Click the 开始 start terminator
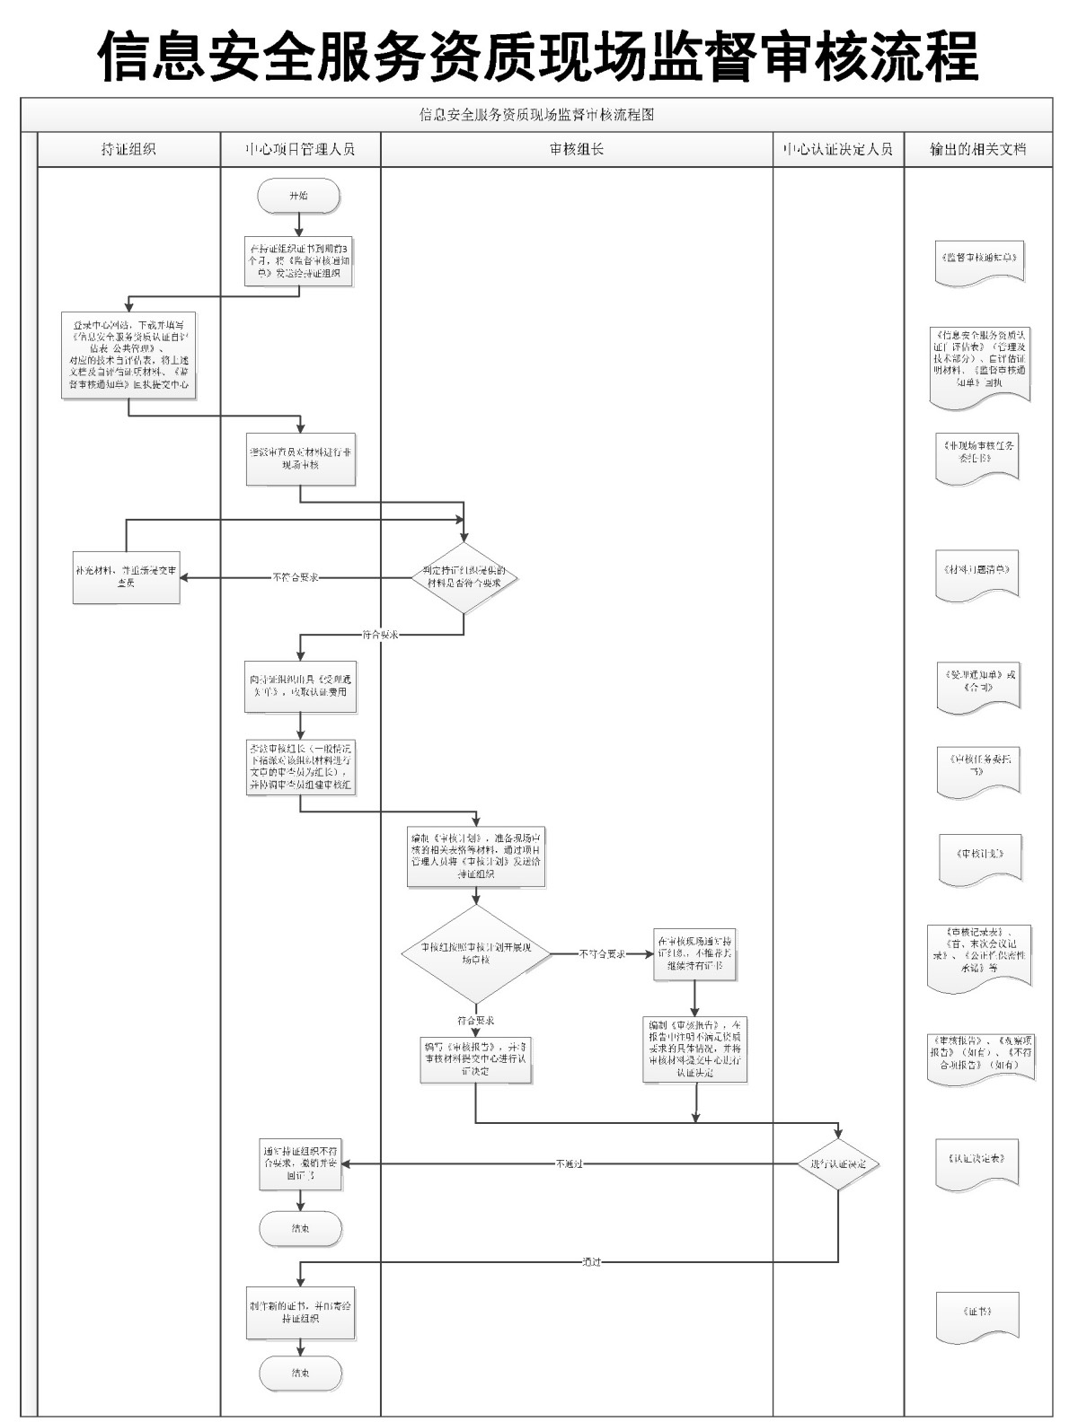click(x=298, y=196)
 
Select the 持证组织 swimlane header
click(x=128, y=149)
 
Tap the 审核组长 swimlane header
click(x=577, y=149)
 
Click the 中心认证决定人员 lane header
click(x=838, y=149)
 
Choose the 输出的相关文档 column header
click(x=977, y=149)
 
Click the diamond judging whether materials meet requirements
click(x=464, y=577)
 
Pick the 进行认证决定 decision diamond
click(x=838, y=1163)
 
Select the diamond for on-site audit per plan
click(x=476, y=953)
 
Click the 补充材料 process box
click(x=127, y=576)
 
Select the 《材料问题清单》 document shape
click(x=977, y=573)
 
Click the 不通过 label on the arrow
click(x=569, y=1164)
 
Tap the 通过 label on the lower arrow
click(x=591, y=1262)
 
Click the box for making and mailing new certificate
click(x=300, y=1313)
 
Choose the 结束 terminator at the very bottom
click(x=300, y=1374)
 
